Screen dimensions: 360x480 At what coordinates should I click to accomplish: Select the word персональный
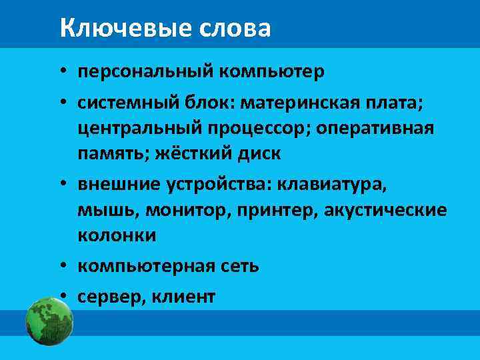(144, 71)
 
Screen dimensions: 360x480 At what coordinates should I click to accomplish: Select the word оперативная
(375, 127)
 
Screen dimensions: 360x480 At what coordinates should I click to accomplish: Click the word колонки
(117, 235)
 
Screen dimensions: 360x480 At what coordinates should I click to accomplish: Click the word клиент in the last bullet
(180, 297)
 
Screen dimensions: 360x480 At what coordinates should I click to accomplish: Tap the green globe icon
(49, 321)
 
